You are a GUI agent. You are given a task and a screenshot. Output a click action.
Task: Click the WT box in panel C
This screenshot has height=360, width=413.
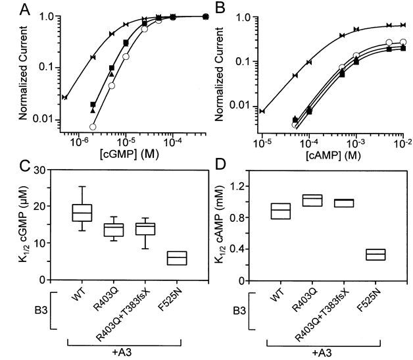(82, 213)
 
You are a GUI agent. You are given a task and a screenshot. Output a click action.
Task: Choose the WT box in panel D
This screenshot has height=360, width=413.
(281, 211)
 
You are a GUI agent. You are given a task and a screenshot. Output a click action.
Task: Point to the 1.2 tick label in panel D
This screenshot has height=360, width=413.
(247, 187)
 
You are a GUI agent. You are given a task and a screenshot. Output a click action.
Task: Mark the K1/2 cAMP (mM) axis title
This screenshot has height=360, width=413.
(230, 226)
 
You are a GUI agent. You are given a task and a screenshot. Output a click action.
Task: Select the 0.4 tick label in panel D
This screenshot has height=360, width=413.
(247, 249)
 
